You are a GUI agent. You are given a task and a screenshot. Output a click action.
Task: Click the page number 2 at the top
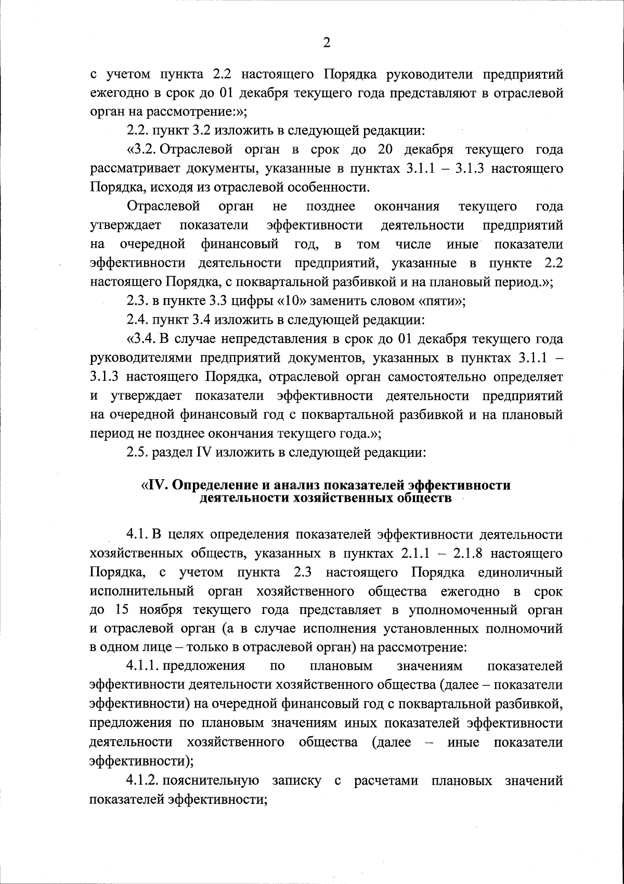[x=327, y=43]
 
